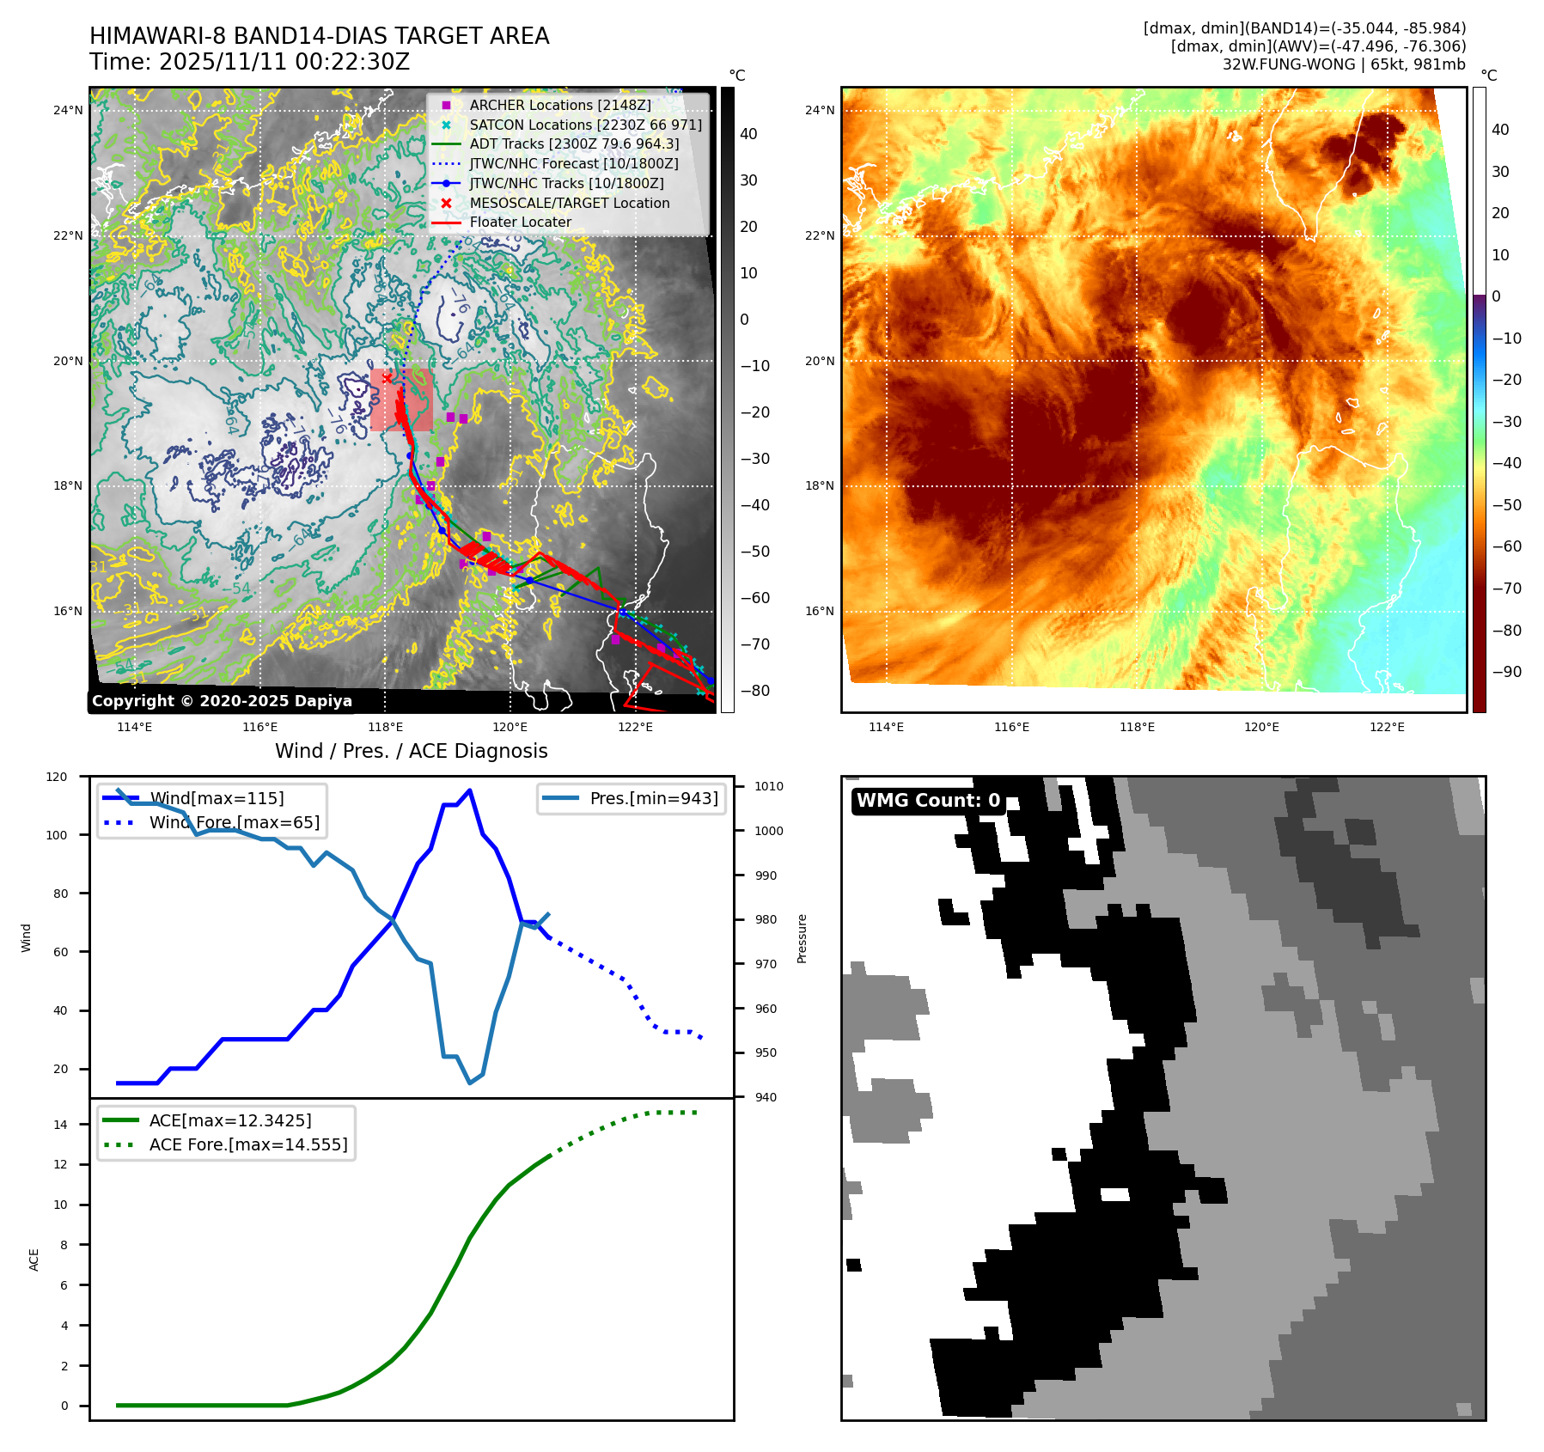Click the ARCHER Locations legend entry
click(x=559, y=105)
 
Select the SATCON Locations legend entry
click(x=584, y=125)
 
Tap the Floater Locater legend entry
click(x=520, y=222)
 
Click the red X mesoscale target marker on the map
click(x=388, y=378)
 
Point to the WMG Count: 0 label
click(x=928, y=801)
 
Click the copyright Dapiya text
click(x=222, y=701)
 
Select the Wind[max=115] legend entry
click(x=217, y=798)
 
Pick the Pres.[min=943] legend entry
click(x=653, y=798)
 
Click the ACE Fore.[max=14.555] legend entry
click(x=248, y=1144)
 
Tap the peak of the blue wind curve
click(x=469, y=790)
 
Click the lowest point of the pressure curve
click(x=469, y=1083)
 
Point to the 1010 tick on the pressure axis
click(x=768, y=786)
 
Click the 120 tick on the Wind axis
click(x=57, y=777)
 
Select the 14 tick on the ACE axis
click(x=60, y=1125)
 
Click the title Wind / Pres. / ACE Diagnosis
click(x=411, y=751)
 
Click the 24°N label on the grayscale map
click(x=68, y=110)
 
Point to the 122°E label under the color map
click(x=1387, y=727)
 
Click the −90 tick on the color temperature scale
click(x=1506, y=672)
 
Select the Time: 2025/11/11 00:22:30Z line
click(x=249, y=62)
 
